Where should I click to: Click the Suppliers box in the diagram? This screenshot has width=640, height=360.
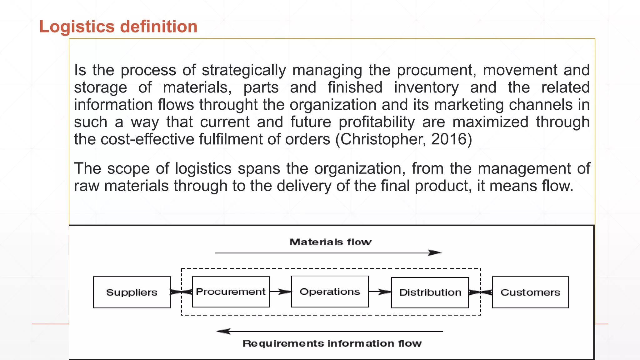132,292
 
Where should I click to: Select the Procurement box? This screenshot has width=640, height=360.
231,292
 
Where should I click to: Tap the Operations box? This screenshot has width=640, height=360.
330,292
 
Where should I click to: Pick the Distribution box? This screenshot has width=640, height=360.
430,292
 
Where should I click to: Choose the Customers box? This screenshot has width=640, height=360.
530,292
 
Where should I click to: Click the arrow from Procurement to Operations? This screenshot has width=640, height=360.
280,292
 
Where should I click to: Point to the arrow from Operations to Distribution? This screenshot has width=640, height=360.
380,292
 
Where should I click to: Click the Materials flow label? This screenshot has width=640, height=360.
330,242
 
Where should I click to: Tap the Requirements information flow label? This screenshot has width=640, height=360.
332,343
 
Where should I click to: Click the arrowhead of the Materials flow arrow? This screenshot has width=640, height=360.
435,252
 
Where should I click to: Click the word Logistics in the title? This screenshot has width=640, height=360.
77,27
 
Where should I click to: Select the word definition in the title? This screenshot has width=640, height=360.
159,27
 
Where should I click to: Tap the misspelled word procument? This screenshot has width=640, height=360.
436,70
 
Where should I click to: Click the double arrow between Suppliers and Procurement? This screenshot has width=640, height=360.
181,292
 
